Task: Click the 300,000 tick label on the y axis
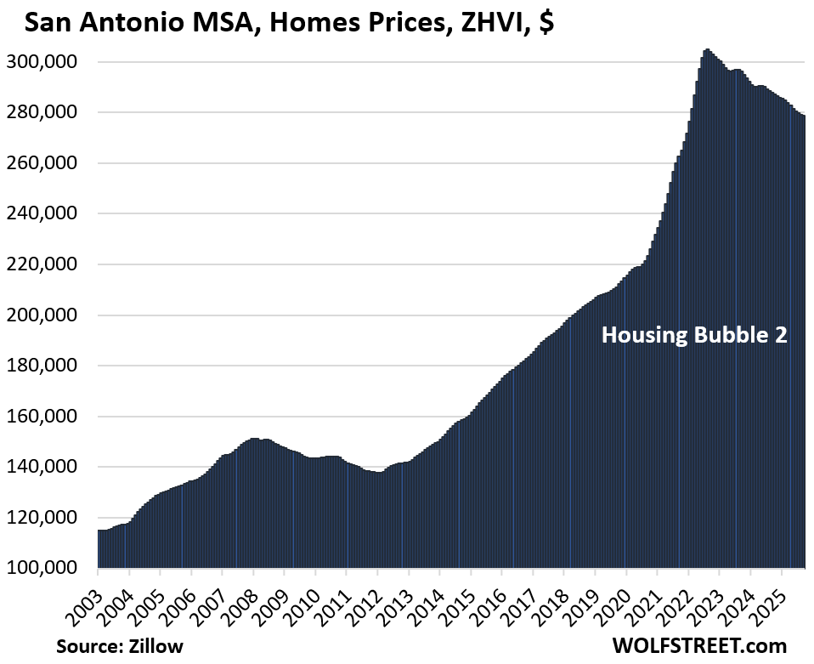pyautogui.click(x=49, y=62)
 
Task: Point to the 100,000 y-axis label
pyautogui.click(x=49, y=568)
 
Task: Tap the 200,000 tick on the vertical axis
pyautogui.click(x=49, y=315)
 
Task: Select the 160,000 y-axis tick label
pyautogui.click(x=49, y=417)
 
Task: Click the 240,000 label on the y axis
pyautogui.click(x=49, y=214)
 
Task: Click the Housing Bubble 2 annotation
pyautogui.click(x=694, y=336)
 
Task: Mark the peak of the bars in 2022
pyautogui.click(x=707, y=50)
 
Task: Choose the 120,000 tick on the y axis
pyautogui.click(x=49, y=518)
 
